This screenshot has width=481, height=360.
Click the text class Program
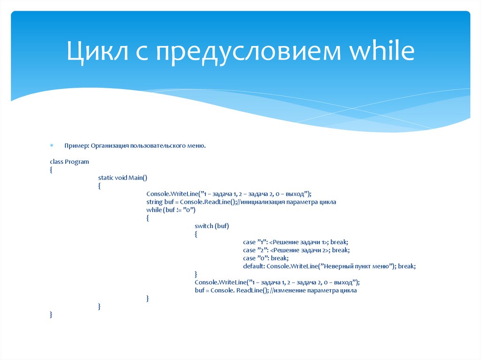(x=69, y=161)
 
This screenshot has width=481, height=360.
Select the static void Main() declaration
(x=123, y=177)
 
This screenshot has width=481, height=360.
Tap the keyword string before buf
(x=154, y=201)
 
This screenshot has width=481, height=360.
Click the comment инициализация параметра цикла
(x=289, y=201)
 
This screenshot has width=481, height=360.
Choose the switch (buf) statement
(x=211, y=226)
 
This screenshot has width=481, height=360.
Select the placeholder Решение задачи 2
(x=301, y=250)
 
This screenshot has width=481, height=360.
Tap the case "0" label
(x=256, y=258)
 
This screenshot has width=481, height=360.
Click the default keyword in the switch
(x=253, y=266)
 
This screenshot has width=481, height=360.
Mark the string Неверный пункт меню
(x=358, y=266)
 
